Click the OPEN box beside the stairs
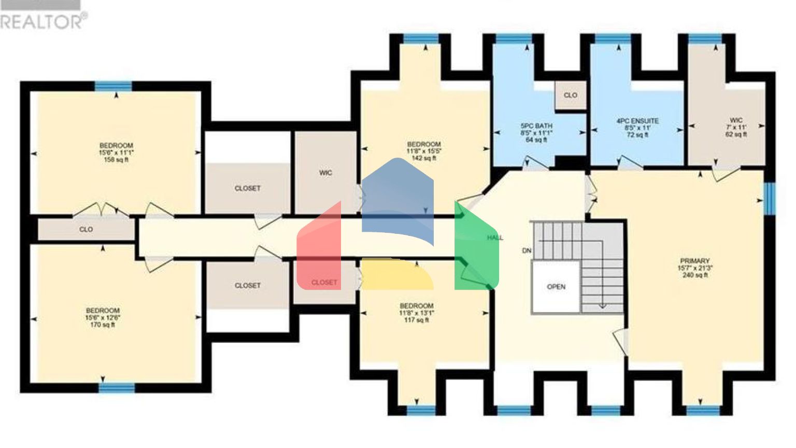click(x=556, y=287)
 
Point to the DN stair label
click(x=527, y=251)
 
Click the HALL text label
click(x=495, y=238)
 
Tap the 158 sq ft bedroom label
click(x=116, y=152)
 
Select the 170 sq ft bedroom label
click(x=103, y=317)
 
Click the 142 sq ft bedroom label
click(x=424, y=151)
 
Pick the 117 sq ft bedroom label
click(x=416, y=313)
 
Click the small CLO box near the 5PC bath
click(x=570, y=95)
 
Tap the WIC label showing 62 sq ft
click(x=736, y=127)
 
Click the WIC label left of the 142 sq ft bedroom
click(x=325, y=173)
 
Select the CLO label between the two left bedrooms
click(x=86, y=229)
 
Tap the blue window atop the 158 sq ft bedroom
click(x=113, y=86)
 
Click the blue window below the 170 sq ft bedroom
click(x=117, y=387)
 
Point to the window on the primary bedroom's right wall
click(x=770, y=198)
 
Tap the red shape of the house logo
click(x=319, y=249)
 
